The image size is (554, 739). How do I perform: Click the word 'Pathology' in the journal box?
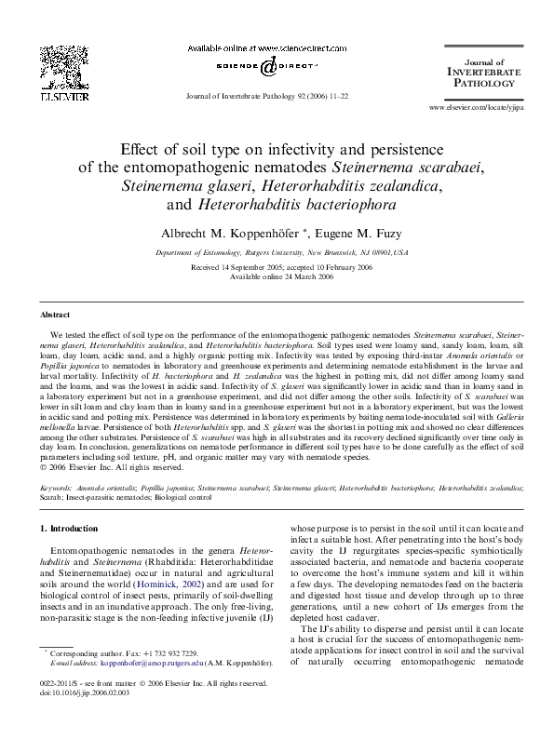click(476, 83)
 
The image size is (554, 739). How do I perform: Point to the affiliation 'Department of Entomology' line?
click(277, 252)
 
